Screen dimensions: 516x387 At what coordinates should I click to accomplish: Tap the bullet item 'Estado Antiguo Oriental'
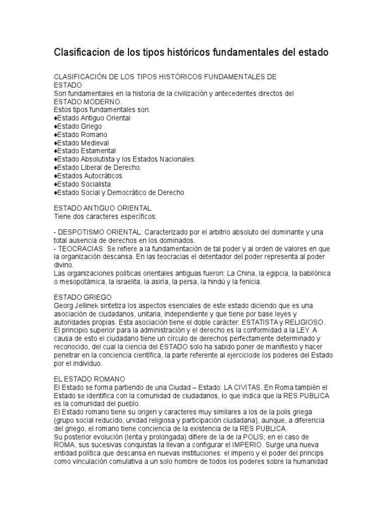[x=94, y=118]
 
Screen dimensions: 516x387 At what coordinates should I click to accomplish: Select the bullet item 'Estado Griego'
[x=80, y=126]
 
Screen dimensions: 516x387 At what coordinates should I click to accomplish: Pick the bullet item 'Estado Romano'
[x=82, y=135]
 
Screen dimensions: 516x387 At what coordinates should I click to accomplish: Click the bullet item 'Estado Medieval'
[x=83, y=143]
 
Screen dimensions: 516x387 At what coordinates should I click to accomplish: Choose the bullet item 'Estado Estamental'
[x=86, y=151]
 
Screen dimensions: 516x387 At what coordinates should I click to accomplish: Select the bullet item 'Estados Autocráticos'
[x=90, y=176]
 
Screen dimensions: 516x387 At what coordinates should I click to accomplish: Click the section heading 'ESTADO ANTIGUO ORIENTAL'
[x=102, y=208]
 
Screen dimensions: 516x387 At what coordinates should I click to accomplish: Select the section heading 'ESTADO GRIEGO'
[x=83, y=297]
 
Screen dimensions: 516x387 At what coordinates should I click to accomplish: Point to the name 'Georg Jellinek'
[x=77, y=306]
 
